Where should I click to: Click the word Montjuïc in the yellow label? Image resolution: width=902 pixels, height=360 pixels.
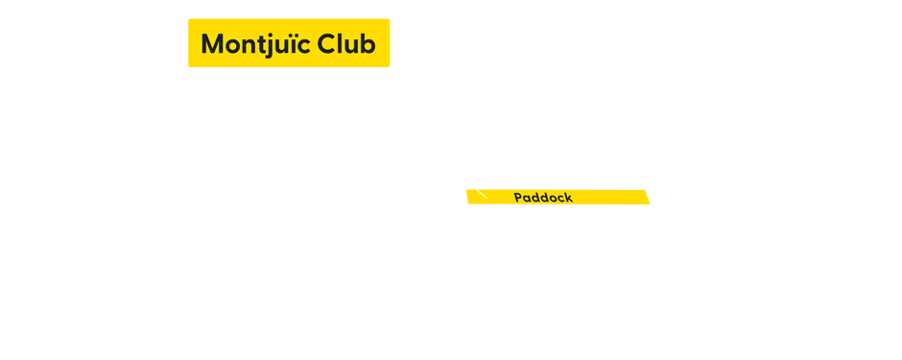[254, 44]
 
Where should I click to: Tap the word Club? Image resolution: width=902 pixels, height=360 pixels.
[346, 44]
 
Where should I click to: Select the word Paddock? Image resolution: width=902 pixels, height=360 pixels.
[543, 198]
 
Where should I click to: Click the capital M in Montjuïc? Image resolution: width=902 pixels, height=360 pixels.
[213, 44]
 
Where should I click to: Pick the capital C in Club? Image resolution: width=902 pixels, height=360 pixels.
[326, 44]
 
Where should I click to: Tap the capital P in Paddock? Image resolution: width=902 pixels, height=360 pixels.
[518, 198]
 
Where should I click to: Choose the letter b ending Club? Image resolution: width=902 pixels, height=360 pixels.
[368, 44]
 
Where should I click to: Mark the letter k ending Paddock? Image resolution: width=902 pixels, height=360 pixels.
[569, 198]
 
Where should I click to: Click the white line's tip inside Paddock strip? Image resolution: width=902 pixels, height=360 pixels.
[486, 198]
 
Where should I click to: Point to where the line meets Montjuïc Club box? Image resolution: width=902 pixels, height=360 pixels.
[330, 68]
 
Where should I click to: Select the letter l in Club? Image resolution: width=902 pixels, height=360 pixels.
[339, 44]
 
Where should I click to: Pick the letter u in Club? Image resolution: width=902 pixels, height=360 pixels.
[351, 45]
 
